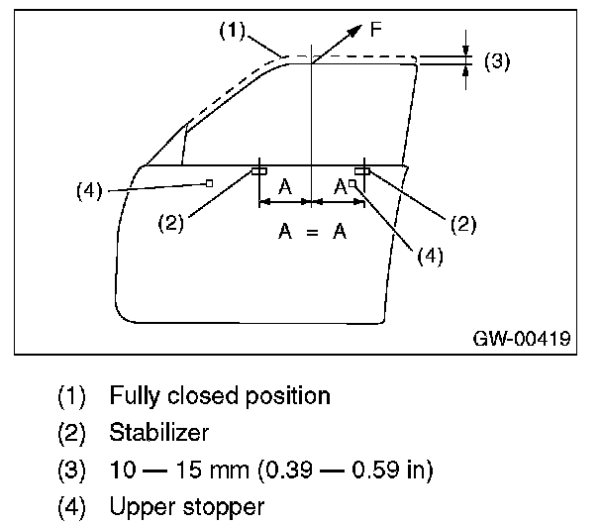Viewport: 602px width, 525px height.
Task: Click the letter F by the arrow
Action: coord(375,30)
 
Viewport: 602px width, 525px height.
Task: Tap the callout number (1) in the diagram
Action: coord(231,30)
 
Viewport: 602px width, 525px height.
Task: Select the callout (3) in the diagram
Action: coord(497,60)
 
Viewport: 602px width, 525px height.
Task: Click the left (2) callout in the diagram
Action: coord(171,223)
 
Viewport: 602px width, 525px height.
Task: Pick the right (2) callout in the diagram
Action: coord(462,223)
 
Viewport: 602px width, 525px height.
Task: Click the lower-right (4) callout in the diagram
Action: coord(429,254)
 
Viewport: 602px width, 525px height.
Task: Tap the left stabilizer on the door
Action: coord(258,170)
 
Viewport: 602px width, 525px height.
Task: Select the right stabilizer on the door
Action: coord(362,170)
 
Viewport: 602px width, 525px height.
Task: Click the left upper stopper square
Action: coord(210,182)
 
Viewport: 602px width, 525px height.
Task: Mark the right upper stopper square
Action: coord(352,183)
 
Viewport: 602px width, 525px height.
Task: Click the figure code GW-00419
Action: coord(521,338)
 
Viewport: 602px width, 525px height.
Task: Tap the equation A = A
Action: coord(312,232)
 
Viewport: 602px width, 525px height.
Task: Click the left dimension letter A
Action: coord(284,185)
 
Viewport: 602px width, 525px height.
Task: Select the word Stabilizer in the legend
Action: coord(159,433)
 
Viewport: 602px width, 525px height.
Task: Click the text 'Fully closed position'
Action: coord(220,396)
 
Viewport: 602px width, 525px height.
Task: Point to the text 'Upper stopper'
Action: coord(172,507)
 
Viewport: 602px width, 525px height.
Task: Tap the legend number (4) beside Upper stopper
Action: coord(74,507)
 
